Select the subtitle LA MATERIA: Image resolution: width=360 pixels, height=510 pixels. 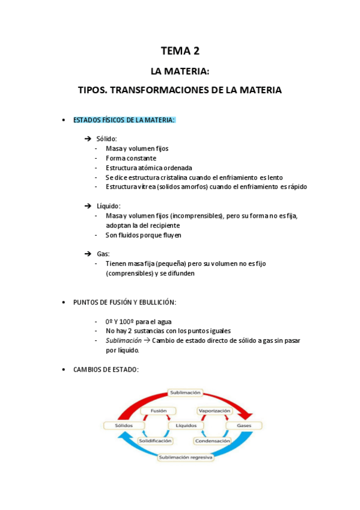click(x=180, y=72)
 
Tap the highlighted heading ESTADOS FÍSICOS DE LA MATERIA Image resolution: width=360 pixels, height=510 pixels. click(x=124, y=120)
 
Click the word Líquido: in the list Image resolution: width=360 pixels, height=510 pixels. click(x=109, y=206)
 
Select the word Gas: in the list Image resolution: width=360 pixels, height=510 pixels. click(x=103, y=254)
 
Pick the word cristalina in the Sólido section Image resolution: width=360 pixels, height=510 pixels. click(x=188, y=177)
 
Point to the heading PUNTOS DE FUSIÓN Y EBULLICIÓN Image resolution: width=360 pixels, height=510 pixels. click(x=125, y=303)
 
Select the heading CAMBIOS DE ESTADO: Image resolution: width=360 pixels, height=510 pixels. click(x=106, y=370)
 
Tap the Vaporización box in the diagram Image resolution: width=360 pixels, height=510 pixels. click(x=214, y=411)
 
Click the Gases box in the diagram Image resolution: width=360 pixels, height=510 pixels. click(x=244, y=426)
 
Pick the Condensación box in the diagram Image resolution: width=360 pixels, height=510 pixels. click(x=212, y=441)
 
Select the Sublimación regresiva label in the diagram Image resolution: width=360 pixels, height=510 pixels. click(x=185, y=458)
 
